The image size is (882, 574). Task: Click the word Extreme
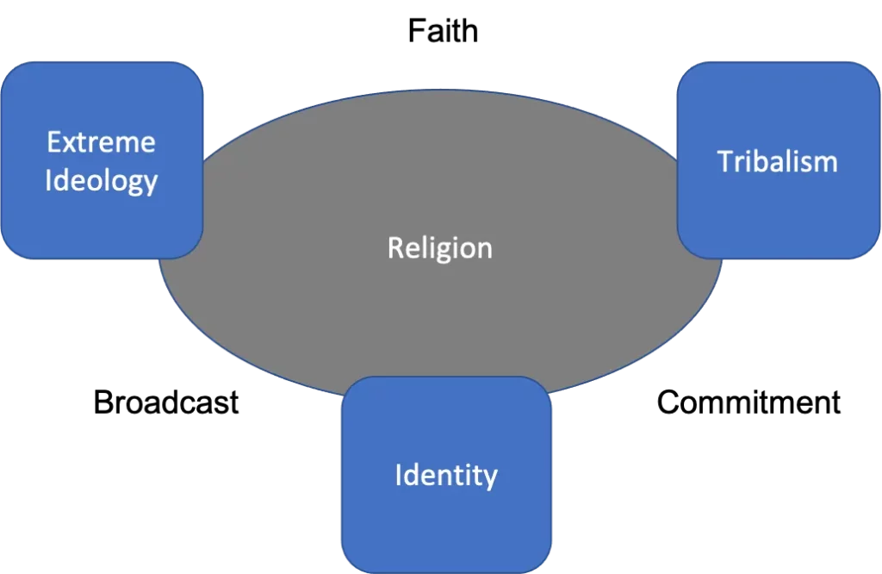pos(101,141)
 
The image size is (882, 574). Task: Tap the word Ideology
pos(101,180)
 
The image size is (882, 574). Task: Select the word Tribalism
pos(777,161)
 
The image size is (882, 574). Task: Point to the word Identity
pos(445,475)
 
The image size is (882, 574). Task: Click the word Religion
pos(439,248)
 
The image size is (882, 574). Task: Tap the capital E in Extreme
pos(53,141)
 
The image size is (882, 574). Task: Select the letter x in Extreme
pos(68,143)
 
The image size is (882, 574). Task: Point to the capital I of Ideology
pos(48,180)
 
